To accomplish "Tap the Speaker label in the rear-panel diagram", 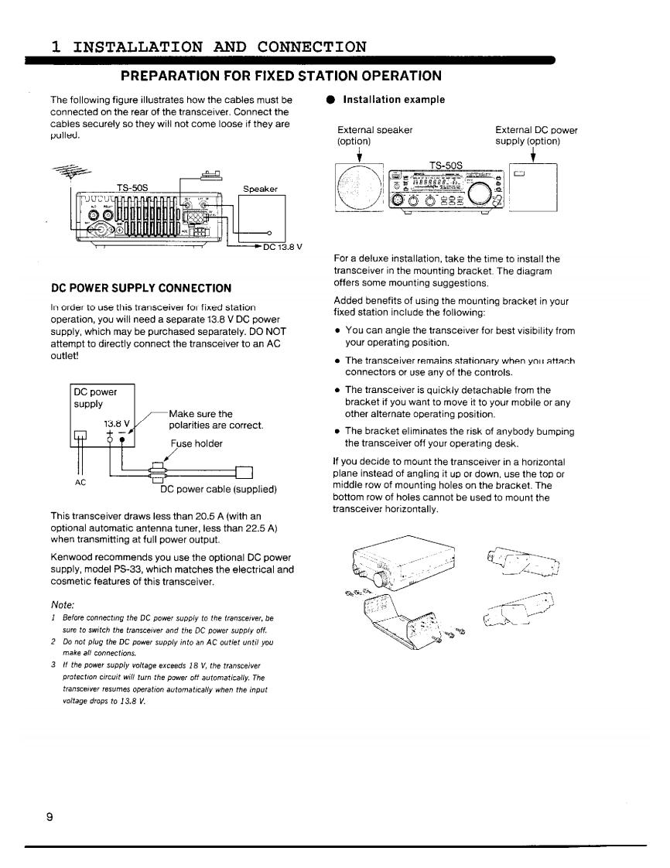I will (x=261, y=189).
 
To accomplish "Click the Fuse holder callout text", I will (x=197, y=443).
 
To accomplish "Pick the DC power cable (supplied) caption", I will (x=218, y=489).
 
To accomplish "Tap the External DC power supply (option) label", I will (x=536, y=136).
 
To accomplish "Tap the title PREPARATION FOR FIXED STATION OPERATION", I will (x=281, y=76).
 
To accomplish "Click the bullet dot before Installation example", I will (x=329, y=101).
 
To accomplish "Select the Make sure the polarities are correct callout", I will (x=216, y=419).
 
